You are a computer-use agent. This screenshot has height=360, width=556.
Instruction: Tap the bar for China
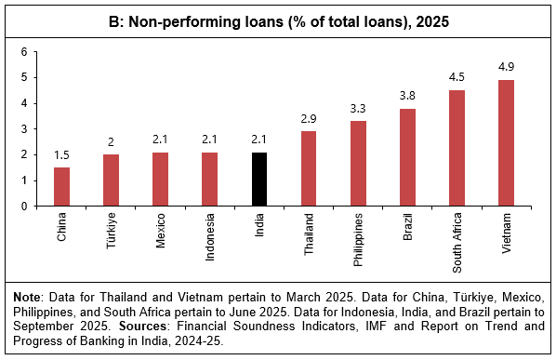pos(61,187)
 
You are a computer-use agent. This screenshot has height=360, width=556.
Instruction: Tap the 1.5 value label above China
pos(61,153)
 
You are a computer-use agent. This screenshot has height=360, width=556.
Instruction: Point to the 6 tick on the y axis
pos(25,52)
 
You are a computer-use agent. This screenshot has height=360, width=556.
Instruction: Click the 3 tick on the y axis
pos(25,129)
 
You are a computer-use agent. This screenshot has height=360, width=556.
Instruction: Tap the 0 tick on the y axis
pos(25,207)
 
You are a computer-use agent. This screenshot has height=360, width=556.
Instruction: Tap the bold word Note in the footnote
pos(29,296)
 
